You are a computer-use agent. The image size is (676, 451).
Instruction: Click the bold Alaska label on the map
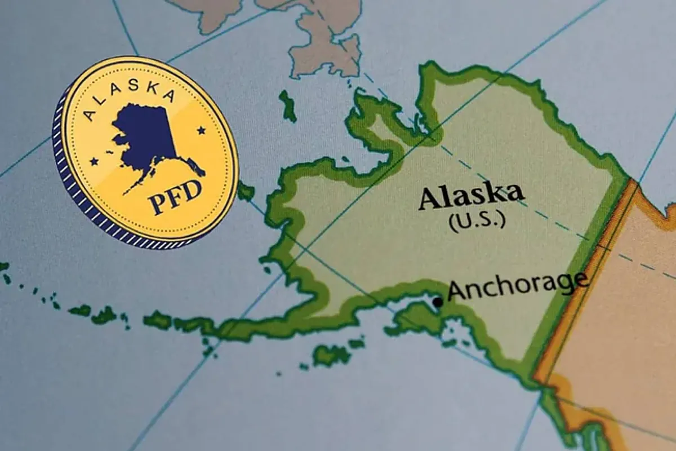(x=471, y=196)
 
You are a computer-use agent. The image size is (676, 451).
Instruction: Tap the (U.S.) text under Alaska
(x=477, y=219)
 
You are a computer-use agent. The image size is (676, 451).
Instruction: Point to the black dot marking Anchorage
(x=438, y=302)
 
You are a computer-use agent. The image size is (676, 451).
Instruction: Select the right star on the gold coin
(x=201, y=131)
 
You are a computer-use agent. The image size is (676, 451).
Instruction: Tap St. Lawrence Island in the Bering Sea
(x=288, y=105)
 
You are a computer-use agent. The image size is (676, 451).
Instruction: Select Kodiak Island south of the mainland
(x=332, y=355)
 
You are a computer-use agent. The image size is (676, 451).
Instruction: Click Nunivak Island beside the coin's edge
(x=246, y=192)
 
